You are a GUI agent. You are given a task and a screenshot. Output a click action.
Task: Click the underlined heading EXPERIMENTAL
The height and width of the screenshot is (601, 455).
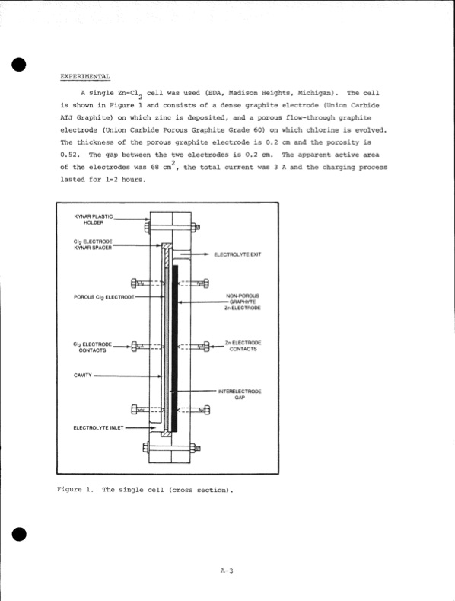tap(84, 77)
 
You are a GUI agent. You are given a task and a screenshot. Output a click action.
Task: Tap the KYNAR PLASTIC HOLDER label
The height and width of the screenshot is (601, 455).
tap(93, 219)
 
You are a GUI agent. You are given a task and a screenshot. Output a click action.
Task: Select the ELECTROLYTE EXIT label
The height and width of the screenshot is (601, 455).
tap(237, 254)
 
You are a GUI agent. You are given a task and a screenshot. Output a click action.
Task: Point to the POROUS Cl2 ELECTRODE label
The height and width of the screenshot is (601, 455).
tap(104, 296)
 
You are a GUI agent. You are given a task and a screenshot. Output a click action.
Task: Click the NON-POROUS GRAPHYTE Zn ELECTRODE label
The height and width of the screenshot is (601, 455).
tap(243, 302)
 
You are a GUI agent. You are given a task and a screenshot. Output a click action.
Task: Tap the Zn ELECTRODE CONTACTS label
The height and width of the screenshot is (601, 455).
tap(243, 347)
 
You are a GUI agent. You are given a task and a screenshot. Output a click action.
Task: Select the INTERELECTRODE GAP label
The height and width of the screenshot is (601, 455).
tap(240, 395)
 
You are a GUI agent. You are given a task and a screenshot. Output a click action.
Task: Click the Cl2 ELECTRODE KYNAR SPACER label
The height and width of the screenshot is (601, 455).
tap(93, 245)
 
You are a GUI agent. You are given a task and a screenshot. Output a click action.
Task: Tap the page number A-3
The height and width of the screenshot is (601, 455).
tap(226, 571)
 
